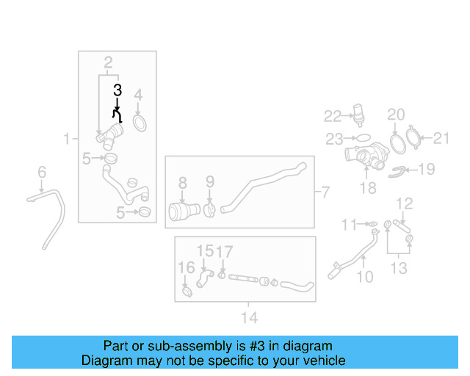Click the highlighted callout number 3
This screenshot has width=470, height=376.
[117, 90]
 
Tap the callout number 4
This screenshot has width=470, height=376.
[138, 94]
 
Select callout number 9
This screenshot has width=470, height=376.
[209, 181]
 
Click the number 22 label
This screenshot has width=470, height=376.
[333, 116]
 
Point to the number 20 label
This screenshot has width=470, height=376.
[396, 115]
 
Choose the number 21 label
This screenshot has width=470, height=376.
[441, 137]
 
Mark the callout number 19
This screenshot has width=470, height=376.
[426, 170]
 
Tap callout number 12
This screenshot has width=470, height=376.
[405, 203]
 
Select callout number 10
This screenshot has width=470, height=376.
[365, 277]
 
